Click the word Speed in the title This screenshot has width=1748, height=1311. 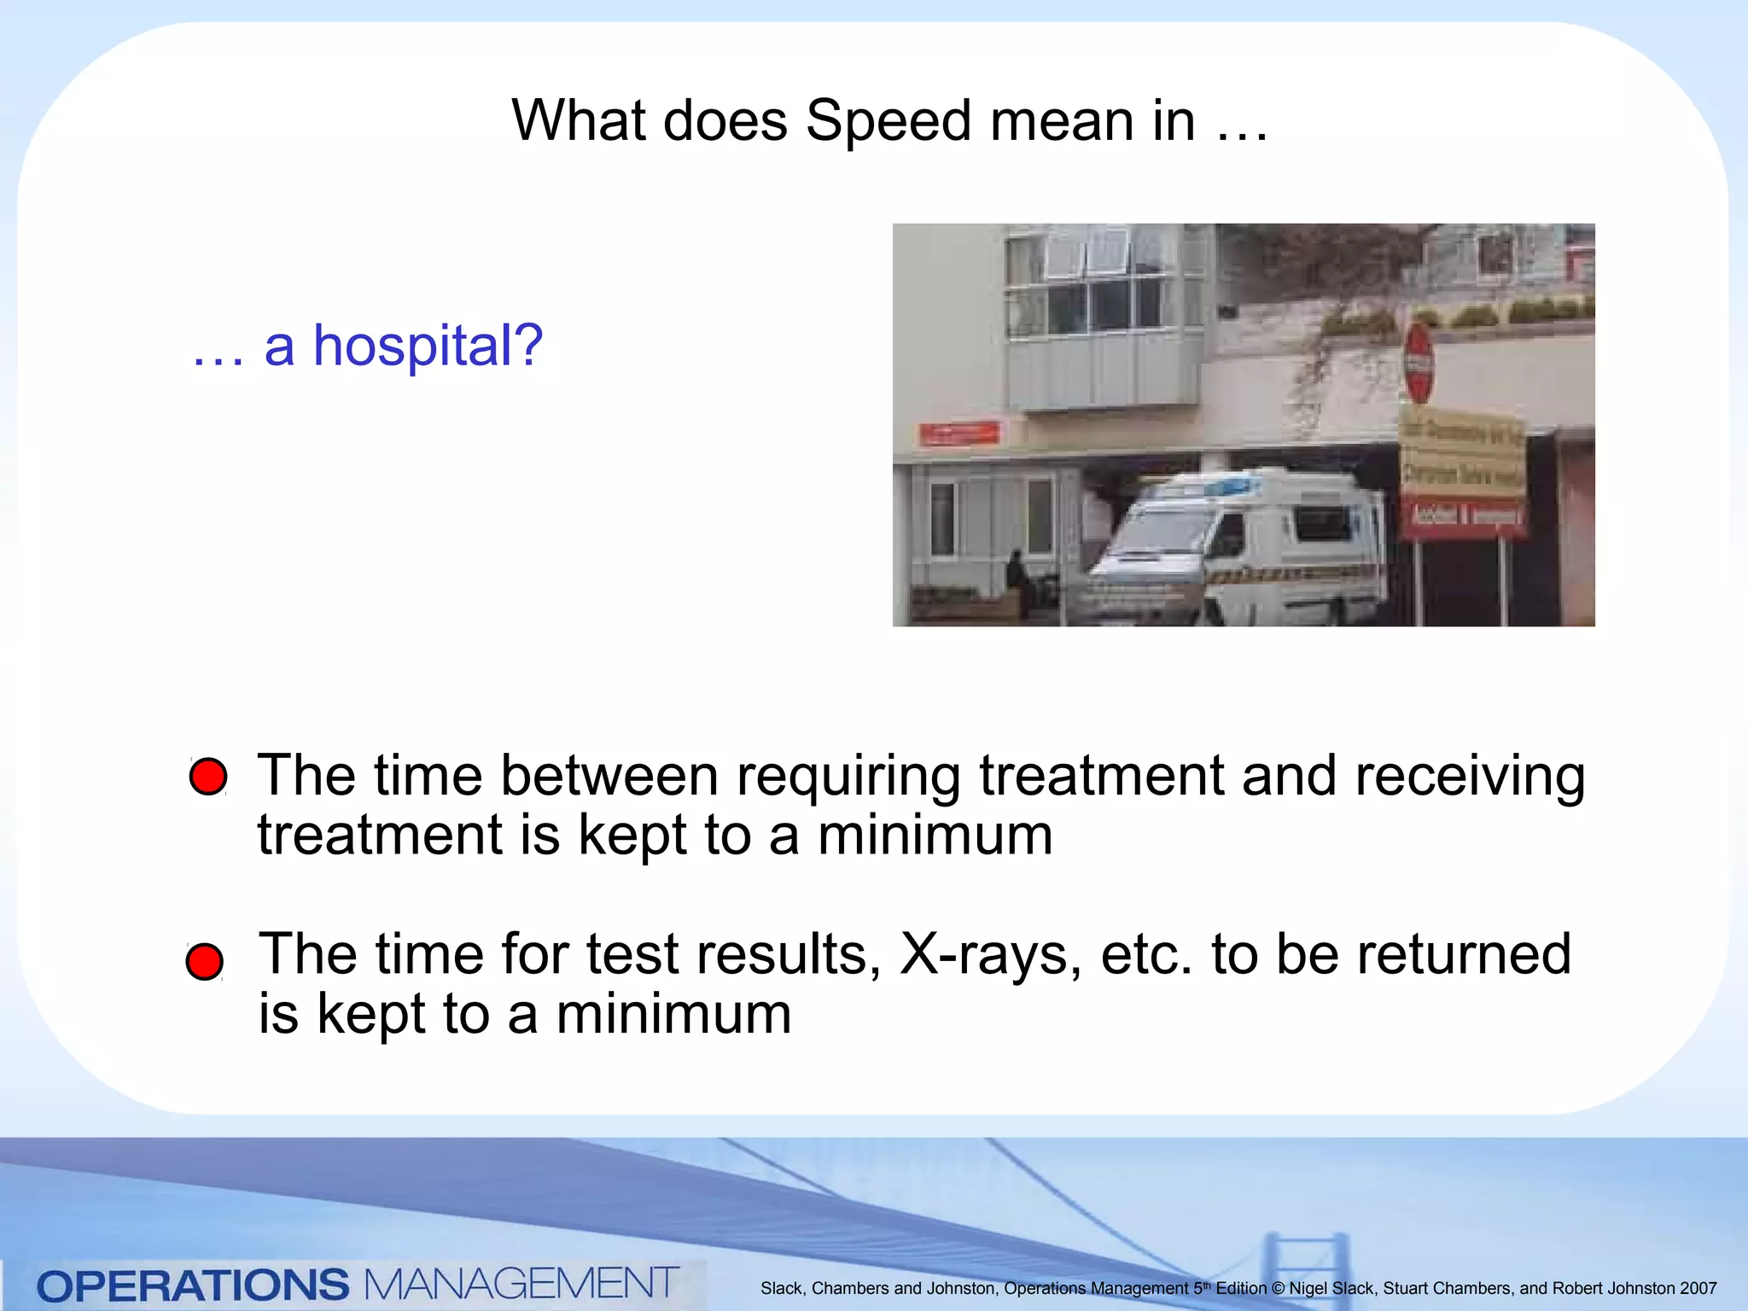coord(888,121)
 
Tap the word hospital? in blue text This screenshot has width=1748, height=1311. coord(428,347)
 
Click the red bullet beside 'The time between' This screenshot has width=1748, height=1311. coord(208,776)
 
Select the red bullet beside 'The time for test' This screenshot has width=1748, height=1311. coord(205,962)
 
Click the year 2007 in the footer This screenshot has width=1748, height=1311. coord(1698,1289)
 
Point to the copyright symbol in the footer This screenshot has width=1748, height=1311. coord(1278,1289)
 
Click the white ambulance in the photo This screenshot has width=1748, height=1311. coord(1238,546)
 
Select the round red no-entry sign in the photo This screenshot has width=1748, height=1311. coord(1419,363)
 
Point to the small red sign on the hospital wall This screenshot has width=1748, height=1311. coord(959,434)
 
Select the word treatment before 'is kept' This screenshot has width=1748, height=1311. coord(380,835)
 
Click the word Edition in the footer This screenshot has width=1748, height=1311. coord(1241,1289)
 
